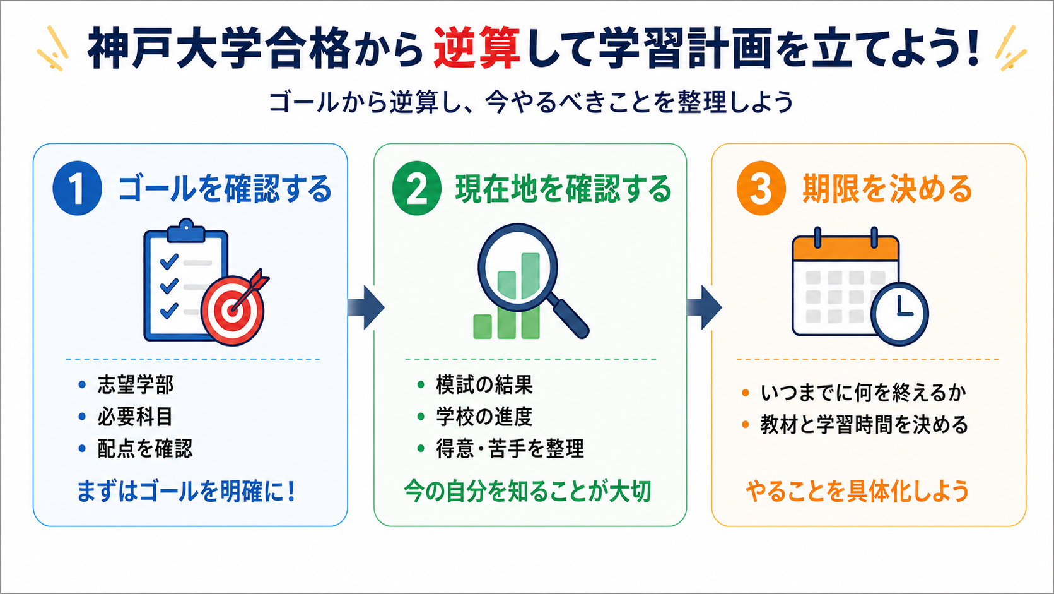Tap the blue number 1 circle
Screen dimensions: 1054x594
(77, 188)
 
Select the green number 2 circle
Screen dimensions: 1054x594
(416, 188)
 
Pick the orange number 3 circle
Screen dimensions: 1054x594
(761, 188)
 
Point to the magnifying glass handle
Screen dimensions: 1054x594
(570, 318)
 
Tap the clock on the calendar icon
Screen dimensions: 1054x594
(899, 314)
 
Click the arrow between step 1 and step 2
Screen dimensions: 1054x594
(366, 307)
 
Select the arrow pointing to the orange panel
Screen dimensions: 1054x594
(704, 307)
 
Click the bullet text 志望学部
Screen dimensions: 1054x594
(136, 385)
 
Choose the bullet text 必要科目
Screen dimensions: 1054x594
(136, 417)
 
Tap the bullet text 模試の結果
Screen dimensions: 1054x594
(484, 385)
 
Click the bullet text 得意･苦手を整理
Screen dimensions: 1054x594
(510, 448)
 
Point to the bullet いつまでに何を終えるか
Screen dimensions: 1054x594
(864, 393)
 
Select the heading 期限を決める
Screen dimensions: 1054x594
(887, 189)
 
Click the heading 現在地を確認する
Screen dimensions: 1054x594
(563, 189)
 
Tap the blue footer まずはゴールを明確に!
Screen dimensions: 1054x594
(186, 491)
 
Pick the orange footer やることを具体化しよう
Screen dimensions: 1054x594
(857, 491)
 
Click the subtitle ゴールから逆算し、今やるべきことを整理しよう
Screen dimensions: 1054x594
(530, 102)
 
